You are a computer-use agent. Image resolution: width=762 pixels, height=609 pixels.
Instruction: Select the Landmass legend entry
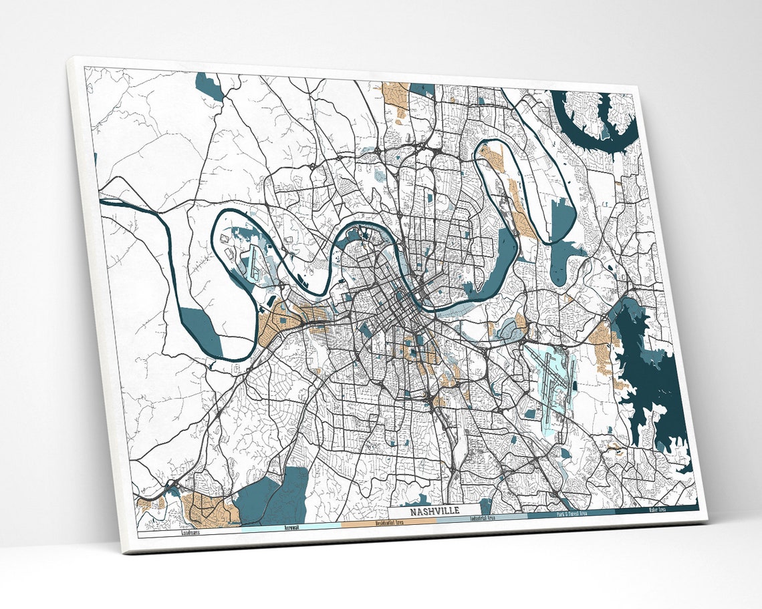pos(189,533)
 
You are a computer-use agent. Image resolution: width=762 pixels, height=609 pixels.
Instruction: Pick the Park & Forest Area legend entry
pos(571,514)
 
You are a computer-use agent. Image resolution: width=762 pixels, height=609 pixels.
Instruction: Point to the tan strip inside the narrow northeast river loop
pos(518,204)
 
